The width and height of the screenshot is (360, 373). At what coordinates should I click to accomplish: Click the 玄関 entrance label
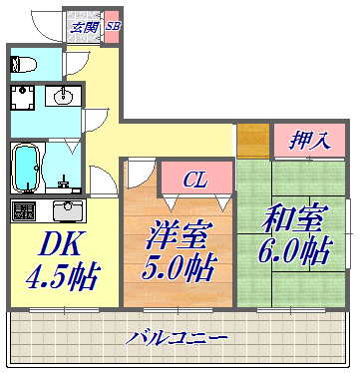pyautogui.click(x=84, y=27)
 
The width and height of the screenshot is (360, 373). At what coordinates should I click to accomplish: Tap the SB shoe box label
pyautogui.click(x=112, y=27)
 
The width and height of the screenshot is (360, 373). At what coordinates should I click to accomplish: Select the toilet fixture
pyautogui.click(x=23, y=65)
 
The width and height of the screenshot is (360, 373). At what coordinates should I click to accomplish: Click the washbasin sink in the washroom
pyautogui.click(x=62, y=97)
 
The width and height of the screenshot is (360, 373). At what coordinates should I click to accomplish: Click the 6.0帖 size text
pyautogui.click(x=295, y=250)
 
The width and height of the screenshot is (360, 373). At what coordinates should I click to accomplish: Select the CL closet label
pyautogui.click(x=196, y=180)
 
